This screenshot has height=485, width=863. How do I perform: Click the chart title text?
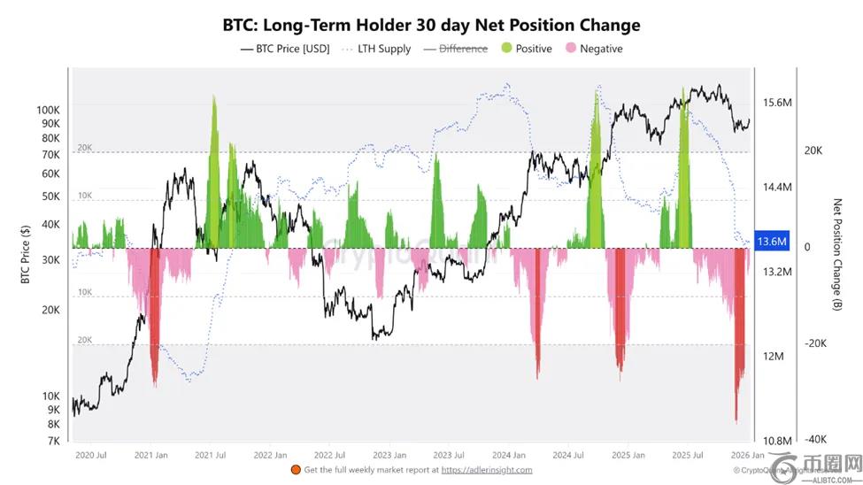pyautogui.click(x=431, y=24)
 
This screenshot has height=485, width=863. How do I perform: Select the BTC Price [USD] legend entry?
pyautogui.click(x=284, y=49)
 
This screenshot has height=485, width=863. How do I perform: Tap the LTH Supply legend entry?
pyautogui.click(x=375, y=49)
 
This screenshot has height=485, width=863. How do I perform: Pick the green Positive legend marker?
pyautogui.click(x=505, y=49)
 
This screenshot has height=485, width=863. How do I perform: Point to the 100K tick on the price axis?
pyautogui.click(x=46, y=109)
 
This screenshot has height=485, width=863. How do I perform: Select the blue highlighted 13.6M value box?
pyautogui.click(x=773, y=241)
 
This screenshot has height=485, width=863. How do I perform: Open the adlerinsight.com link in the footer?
pyautogui.click(x=487, y=470)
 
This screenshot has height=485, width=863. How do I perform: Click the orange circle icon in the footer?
pyautogui.click(x=295, y=470)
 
